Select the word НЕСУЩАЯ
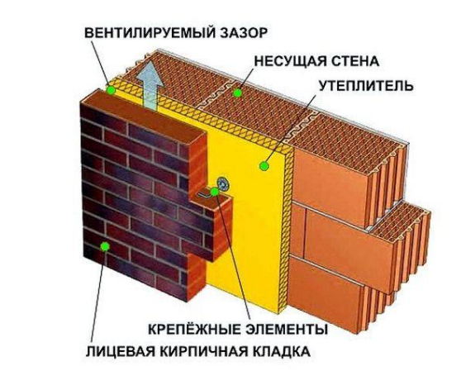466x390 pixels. coord(288,61)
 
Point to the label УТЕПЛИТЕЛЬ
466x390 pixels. coord(366,86)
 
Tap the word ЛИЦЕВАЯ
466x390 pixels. coord(121,352)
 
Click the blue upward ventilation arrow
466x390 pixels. coord(150,85)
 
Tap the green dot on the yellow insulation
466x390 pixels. coord(264,166)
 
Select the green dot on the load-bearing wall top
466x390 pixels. coord(237,93)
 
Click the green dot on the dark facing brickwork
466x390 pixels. coord(105,246)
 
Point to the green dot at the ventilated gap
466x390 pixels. coord(112,90)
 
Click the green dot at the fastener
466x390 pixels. coord(215,192)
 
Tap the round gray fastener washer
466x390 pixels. coord(222,183)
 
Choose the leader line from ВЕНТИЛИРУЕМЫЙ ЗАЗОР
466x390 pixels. coord(101,64)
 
